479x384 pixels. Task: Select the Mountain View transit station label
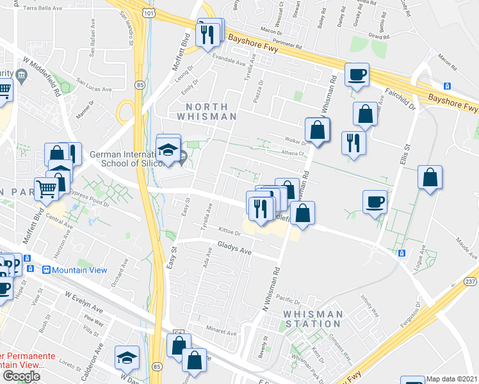[79, 270]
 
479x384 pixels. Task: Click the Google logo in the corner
[21, 376]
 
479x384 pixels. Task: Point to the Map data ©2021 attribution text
[452, 379]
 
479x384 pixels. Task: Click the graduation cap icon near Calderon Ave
[127, 358]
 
